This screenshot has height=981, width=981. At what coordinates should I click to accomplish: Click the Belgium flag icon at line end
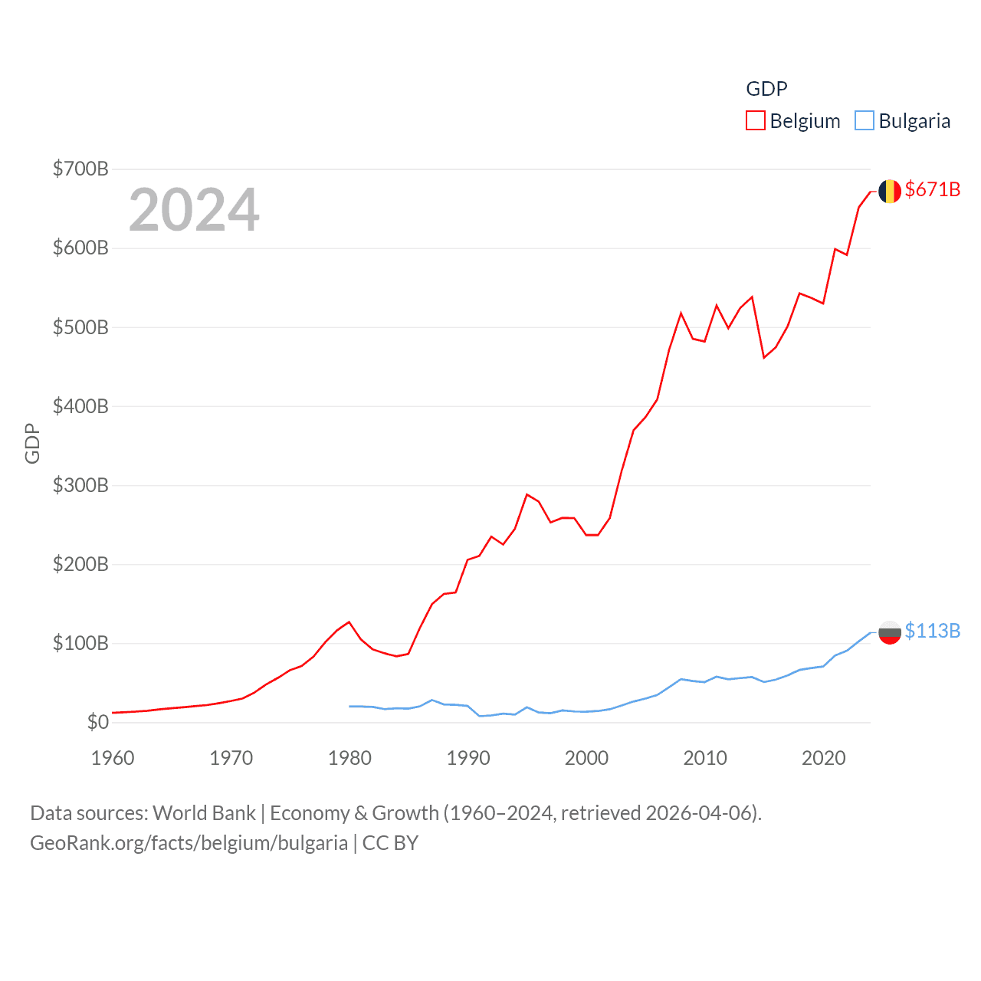tap(889, 191)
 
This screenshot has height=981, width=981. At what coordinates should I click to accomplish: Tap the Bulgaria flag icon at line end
tap(889, 632)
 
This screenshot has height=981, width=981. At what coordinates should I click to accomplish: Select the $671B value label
tap(932, 189)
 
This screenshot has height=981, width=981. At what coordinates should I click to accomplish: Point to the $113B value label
tap(932, 631)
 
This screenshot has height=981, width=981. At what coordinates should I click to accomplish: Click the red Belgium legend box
tap(755, 121)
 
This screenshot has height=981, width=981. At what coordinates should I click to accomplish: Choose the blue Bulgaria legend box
tap(864, 121)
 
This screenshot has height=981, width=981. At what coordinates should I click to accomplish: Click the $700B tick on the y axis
tap(80, 169)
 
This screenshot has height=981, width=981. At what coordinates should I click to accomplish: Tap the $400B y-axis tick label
tap(80, 406)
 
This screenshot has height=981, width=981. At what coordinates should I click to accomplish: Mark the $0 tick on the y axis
tap(97, 722)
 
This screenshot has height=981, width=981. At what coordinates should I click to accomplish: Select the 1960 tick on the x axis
tap(113, 758)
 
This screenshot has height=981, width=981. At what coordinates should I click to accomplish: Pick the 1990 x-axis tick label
tap(468, 758)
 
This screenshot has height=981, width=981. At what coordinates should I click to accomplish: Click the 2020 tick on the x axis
tap(824, 758)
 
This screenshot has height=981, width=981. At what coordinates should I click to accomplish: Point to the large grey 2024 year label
tap(194, 210)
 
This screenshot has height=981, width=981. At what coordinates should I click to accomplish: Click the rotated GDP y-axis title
tap(32, 443)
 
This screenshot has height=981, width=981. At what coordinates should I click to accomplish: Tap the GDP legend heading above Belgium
tap(766, 89)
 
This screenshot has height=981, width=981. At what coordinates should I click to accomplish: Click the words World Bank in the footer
tap(204, 812)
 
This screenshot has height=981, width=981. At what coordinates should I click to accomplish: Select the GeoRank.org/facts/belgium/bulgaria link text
tap(189, 843)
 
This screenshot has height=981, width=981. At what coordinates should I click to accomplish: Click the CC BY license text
tap(390, 843)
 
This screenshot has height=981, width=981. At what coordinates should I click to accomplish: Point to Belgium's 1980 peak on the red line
tap(349, 622)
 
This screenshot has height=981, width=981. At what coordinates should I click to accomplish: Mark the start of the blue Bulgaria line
tap(349, 706)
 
